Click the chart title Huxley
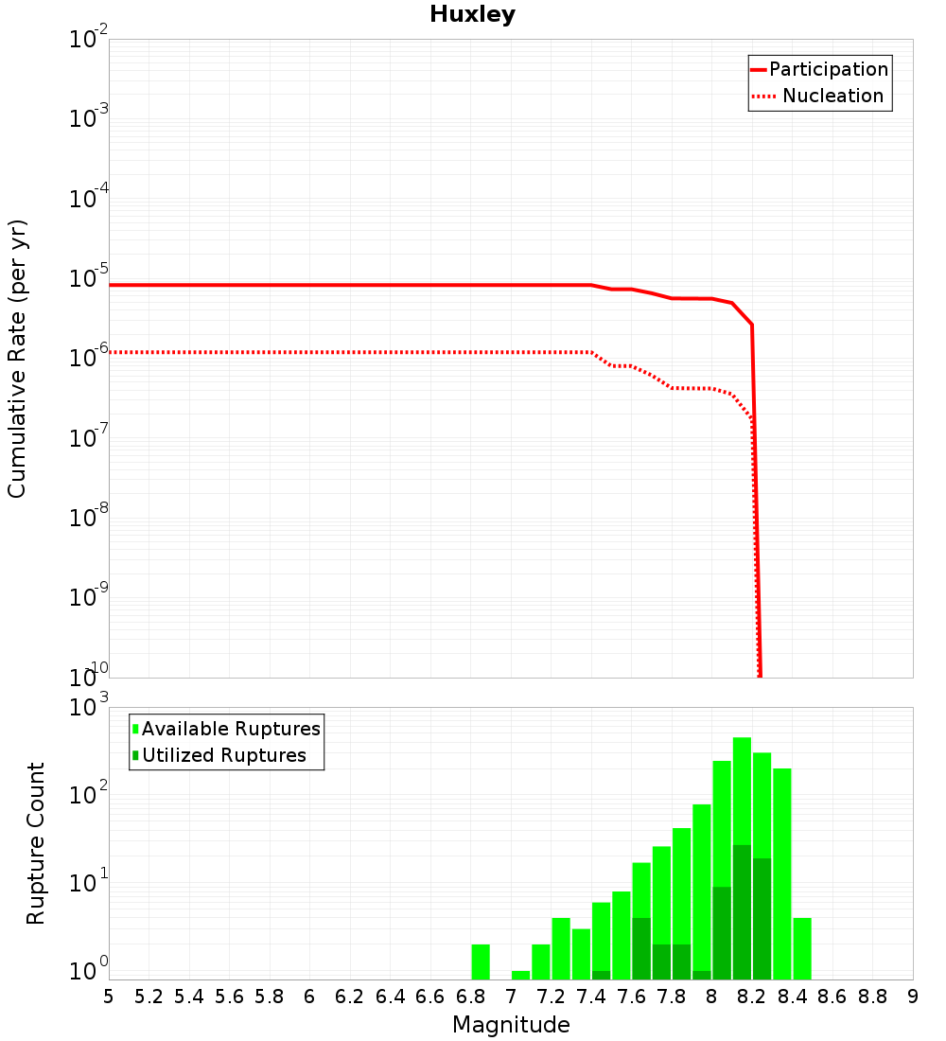click(x=472, y=15)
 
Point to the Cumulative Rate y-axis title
click(x=18, y=359)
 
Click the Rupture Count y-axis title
click(x=36, y=843)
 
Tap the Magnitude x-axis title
click(x=511, y=1025)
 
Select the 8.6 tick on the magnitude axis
click(x=832, y=997)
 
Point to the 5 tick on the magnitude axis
click(x=109, y=997)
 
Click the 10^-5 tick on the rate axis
click(x=88, y=279)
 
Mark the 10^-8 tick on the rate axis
click(x=88, y=519)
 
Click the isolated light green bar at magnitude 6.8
click(x=481, y=962)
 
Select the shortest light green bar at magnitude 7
click(x=520, y=975)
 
